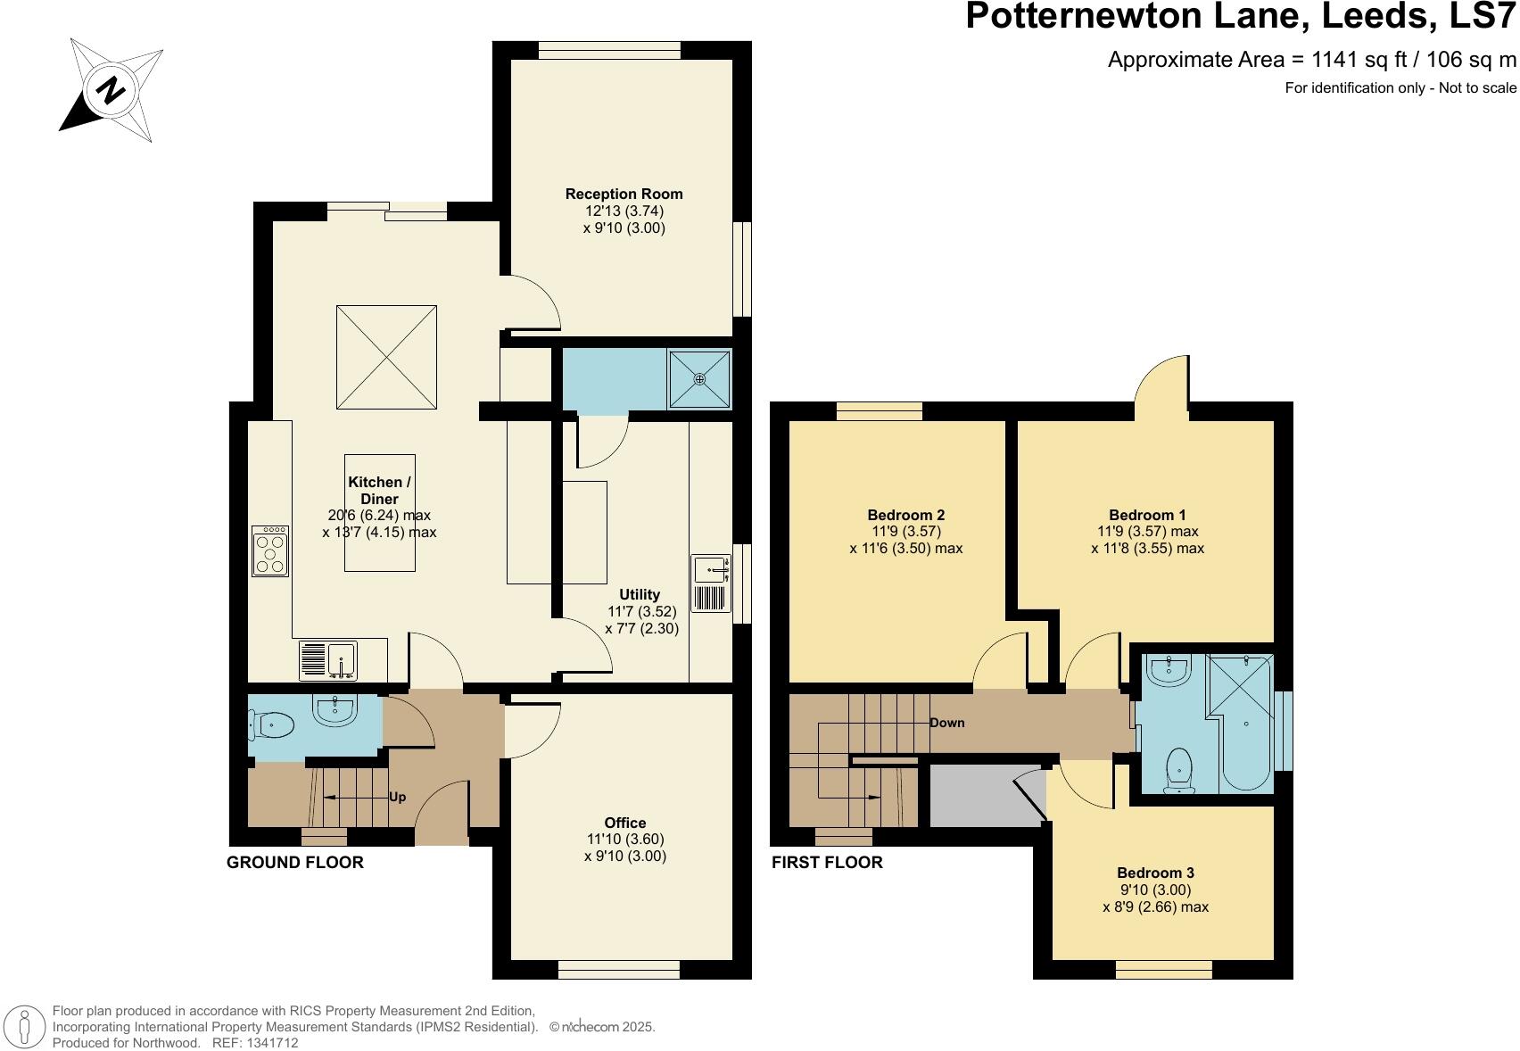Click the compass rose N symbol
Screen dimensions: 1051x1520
click(x=111, y=90)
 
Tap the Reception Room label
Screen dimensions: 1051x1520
click(x=624, y=194)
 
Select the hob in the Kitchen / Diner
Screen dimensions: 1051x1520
click(x=269, y=551)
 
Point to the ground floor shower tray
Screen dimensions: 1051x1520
click(x=699, y=378)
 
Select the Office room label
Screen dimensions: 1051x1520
click(x=624, y=823)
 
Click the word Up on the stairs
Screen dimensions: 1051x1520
click(x=397, y=797)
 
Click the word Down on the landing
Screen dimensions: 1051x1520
click(x=946, y=723)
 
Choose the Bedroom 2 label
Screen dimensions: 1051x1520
click(x=905, y=515)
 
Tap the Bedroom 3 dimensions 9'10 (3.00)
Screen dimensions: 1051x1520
click(x=1155, y=890)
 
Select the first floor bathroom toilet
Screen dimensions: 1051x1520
click(x=1179, y=770)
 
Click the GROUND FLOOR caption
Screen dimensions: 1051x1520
click(x=294, y=863)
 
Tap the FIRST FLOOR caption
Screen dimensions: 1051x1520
click(x=826, y=863)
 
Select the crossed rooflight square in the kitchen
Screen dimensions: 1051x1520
click(x=386, y=357)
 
